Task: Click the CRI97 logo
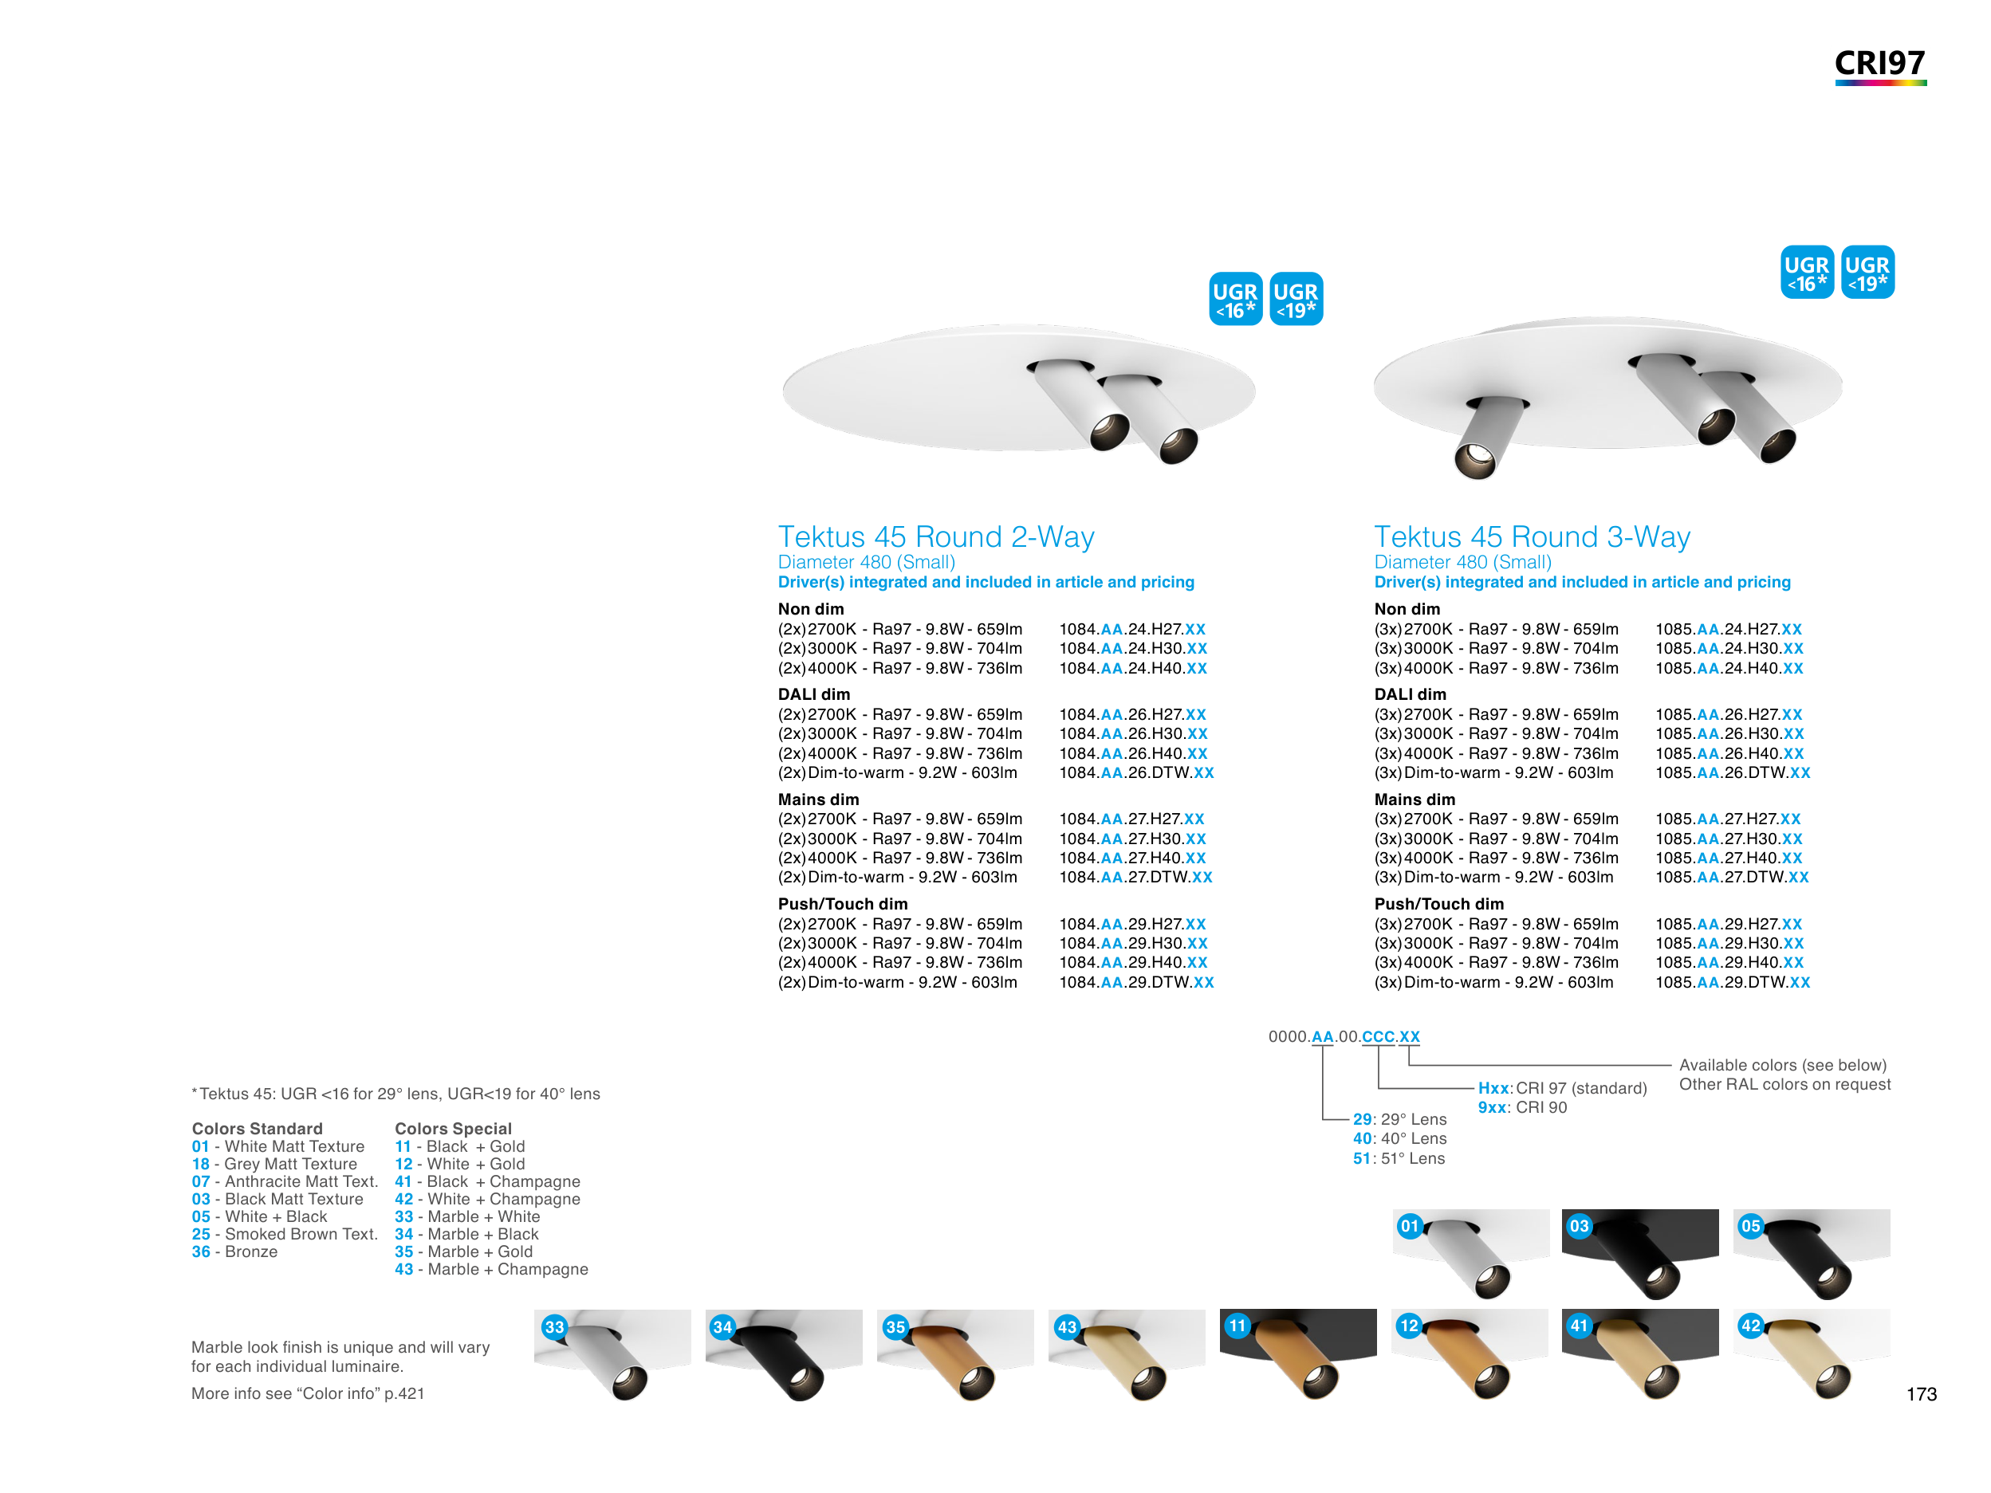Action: (x=1880, y=65)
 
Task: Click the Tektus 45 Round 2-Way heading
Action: (x=936, y=536)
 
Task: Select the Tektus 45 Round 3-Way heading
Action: (x=1532, y=536)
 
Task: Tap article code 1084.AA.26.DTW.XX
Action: (x=1136, y=773)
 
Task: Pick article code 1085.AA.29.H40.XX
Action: (x=1729, y=962)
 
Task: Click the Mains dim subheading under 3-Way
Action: (x=1414, y=800)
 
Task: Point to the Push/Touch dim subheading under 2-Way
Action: (x=843, y=904)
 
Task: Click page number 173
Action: (x=1921, y=1394)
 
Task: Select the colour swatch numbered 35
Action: (x=955, y=1354)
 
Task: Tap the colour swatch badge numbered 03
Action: (x=1579, y=1226)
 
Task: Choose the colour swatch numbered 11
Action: (x=1298, y=1354)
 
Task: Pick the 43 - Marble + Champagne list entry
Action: (x=491, y=1269)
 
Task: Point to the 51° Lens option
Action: (x=1399, y=1158)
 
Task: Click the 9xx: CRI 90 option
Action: (x=1522, y=1107)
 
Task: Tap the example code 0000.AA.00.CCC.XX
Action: (x=1344, y=1037)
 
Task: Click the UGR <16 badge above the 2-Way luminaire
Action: (x=1235, y=299)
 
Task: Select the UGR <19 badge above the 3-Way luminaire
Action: (x=1867, y=272)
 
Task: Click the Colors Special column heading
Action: (x=453, y=1129)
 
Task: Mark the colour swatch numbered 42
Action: (x=1812, y=1354)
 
